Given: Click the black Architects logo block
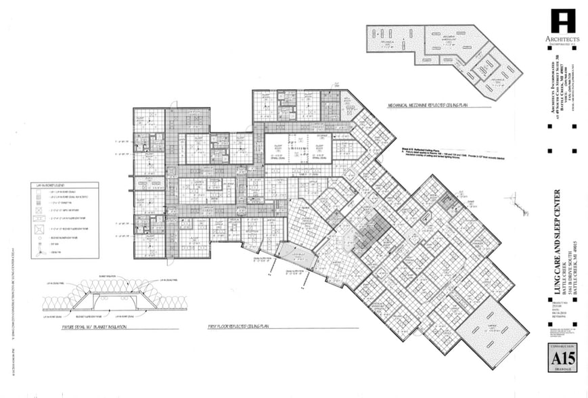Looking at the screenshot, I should pyautogui.click(x=563, y=21).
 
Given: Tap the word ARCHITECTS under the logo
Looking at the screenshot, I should pyautogui.click(x=563, y=39).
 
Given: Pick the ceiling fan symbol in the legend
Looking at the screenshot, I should pyautogui.click(x=39, y=251).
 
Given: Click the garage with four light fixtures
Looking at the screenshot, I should pyautogui.click(x=492, y=332).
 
